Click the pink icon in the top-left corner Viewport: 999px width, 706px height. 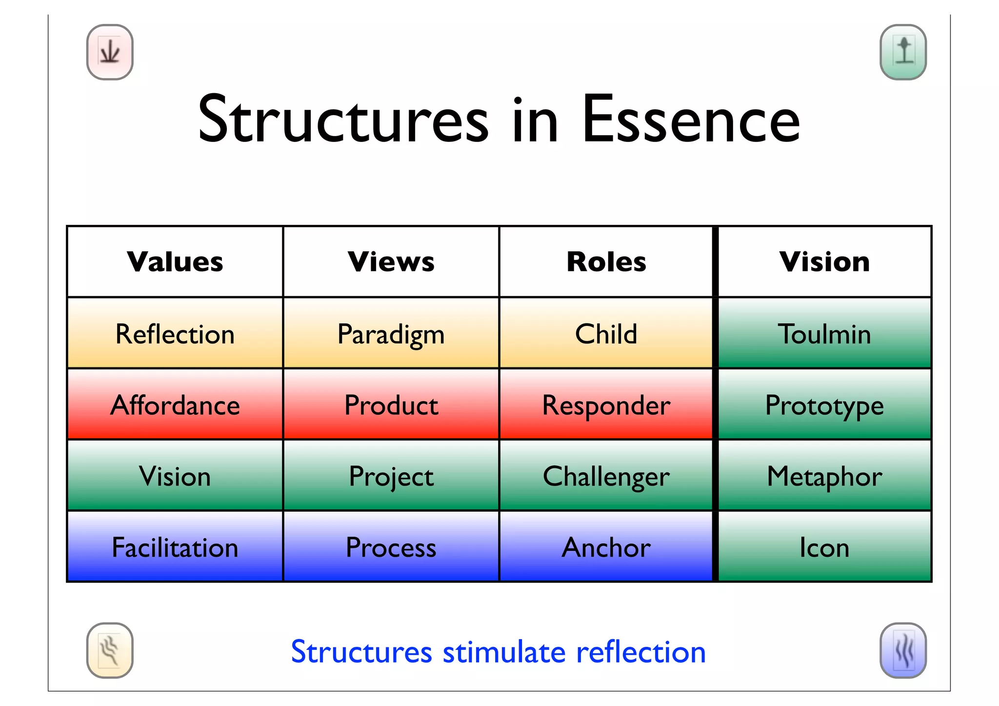[110, 52]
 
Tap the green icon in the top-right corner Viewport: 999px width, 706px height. [903, 52]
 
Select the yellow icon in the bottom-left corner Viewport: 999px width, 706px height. [110, 650]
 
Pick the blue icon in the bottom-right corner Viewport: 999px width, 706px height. [903, 650]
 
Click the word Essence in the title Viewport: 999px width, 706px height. [691, 120]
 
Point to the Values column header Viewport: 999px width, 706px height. [175, 262]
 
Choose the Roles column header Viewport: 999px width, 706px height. [606, 262]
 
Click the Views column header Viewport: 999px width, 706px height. [391, 262]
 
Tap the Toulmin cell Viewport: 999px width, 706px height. [824, 334]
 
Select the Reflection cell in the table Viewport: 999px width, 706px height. [175, 334]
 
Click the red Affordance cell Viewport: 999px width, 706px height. [175, 405]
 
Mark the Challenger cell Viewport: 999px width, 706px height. [606, 476]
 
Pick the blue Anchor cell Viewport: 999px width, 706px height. [606, 547]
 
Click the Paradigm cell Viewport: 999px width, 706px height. [391, 334]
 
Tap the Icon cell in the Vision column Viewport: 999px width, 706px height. [824, 547]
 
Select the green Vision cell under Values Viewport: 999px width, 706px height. [175, 476]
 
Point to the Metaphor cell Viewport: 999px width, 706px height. [824, 476]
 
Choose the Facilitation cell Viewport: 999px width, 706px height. [175, 547]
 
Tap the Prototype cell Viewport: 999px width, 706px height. [824, 405]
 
